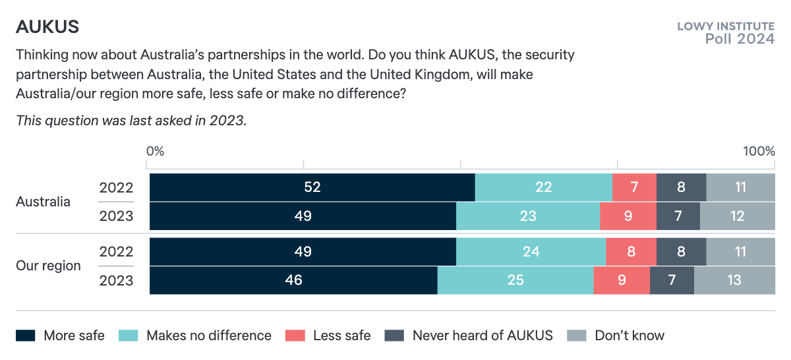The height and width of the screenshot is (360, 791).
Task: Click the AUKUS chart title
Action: point(47,27)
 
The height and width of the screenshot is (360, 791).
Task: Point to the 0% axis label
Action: point(155,151)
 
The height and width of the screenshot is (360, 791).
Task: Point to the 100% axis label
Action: point(759,151)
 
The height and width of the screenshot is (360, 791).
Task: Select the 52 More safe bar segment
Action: point(312,187)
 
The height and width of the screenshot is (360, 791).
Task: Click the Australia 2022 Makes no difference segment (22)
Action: point(543,187)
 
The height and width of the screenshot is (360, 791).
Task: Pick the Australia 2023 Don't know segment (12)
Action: point(737,216)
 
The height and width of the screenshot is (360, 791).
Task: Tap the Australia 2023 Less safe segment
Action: point(628,216)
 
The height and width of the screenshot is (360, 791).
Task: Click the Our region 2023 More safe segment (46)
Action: point(293,280)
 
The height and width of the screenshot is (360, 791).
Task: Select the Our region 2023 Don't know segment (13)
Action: point(734,280)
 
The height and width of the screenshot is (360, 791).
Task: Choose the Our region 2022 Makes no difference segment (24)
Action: point(531,252)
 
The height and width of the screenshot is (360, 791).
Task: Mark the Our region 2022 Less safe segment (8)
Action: point(631,252)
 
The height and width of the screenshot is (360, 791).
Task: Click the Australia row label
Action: point(43,202)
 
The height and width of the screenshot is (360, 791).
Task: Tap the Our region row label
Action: point(48,266)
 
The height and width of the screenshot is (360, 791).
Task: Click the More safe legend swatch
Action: point(25,336)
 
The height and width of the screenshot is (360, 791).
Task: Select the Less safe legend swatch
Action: point(295,336)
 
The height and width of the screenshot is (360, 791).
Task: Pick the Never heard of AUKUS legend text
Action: point(483,336)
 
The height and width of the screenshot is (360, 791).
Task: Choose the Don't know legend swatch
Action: point(576,336)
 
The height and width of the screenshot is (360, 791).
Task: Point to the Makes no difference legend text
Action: point(208,336)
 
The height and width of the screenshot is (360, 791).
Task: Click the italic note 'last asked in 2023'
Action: point(131,121)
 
